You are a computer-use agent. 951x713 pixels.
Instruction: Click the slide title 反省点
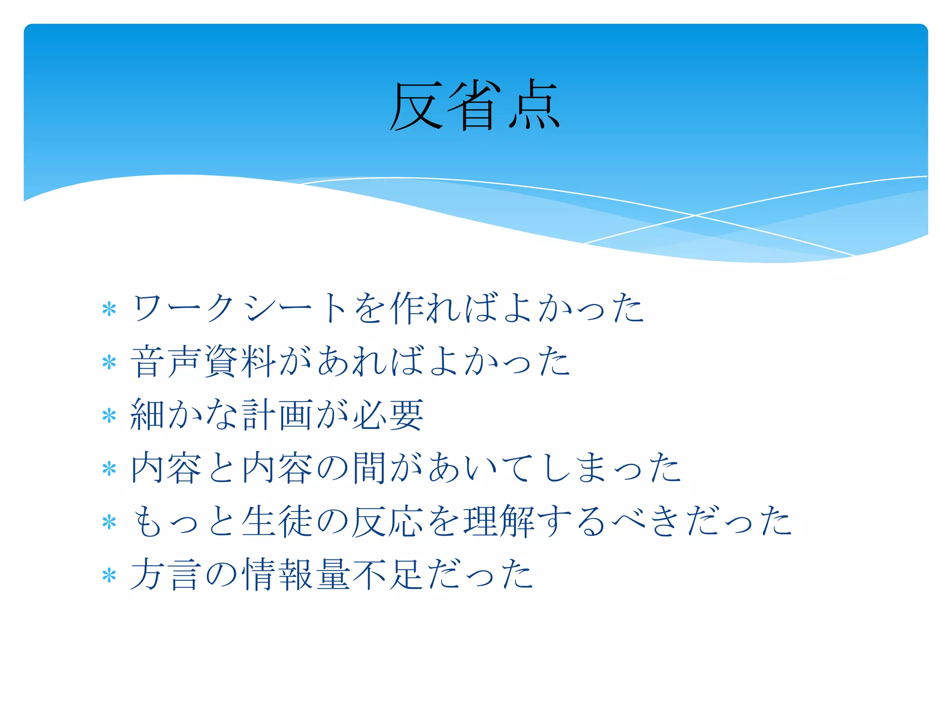pyautogui.click(x=475, y=106)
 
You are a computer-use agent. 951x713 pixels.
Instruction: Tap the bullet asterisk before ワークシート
pyautogui.click(x=109, y=309)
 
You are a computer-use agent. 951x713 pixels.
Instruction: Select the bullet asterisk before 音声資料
pyautogui.click(x=109, y=362)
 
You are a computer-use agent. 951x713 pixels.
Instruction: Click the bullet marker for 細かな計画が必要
pyautogui.click(x=109, y=415)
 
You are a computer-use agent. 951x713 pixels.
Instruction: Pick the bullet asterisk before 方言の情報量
pyautogui.click(x=109, y=576)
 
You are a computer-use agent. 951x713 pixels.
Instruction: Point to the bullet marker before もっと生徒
pyautogui.click(x=109, y=522)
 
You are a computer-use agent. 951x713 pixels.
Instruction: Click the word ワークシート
pyautogui.click(x=239, y=308)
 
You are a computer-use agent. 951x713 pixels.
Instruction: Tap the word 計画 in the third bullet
pyautogui.click(x=277, y=415)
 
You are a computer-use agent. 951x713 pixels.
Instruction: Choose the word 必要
pyautogui.click(x=388, y=415)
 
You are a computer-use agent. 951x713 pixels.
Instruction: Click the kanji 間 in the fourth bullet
pyautogui.click(x=369, y=468)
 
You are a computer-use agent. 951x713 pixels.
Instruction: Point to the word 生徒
pyautogui.click(x=277, y=521)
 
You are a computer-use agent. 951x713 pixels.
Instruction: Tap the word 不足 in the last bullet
pyautogui.click(x=388, y=575)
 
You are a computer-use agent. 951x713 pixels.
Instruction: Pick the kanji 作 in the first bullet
pyautogui.click(x=407, y=308)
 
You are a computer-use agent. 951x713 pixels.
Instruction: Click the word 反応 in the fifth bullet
pyautogui.click(x=388, y=521)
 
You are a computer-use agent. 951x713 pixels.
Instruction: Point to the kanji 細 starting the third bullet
pyautogui.click(x=148, y=415)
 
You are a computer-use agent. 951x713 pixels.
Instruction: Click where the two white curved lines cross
pyautogui.click(x=695, y=215)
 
